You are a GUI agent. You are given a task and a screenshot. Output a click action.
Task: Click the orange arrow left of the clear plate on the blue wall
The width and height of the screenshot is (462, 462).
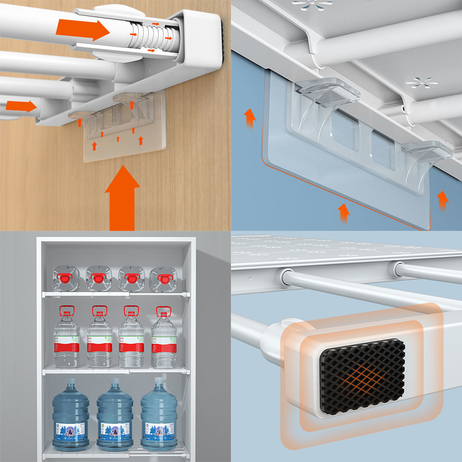pos(249,118)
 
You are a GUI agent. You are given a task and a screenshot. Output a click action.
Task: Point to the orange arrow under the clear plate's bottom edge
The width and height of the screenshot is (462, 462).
pos(344,212)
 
